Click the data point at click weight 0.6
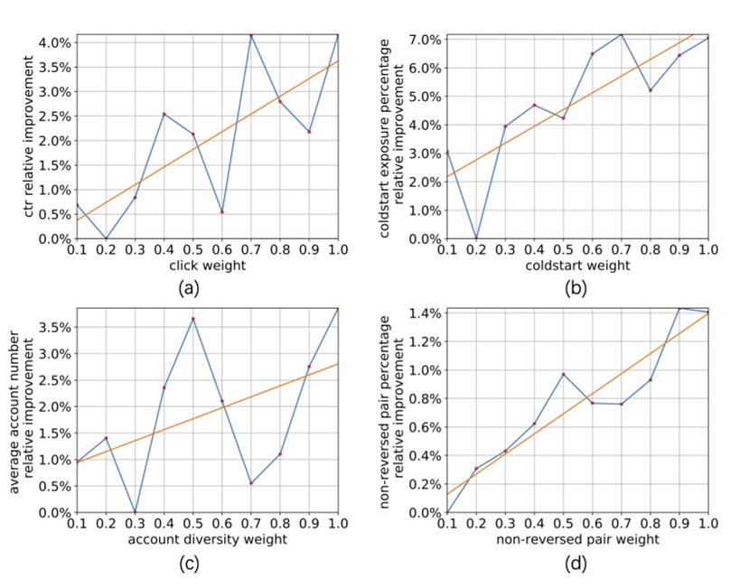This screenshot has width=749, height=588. click(x=222, y=212)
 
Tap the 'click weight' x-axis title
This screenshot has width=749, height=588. click(x=208, y=266)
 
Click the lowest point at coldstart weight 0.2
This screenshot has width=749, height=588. click(x=476, y=238)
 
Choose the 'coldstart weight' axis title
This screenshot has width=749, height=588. click(x=577, y=266)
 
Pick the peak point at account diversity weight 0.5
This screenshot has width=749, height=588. click(x=193, y=319)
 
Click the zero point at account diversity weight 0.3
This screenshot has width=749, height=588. click(x=135, y=512)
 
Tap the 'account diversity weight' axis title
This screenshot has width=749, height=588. click(x=208, y=540)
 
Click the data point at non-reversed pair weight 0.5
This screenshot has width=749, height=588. click(x=563, y=374)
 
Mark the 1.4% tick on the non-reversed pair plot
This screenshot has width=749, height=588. click(x=425, y=313)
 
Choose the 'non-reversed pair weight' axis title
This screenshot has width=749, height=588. click(x=577, y=540)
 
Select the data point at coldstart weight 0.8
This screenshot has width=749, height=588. click(x=650, y=90)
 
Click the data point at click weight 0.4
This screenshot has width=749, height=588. click(x=164, y=114)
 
